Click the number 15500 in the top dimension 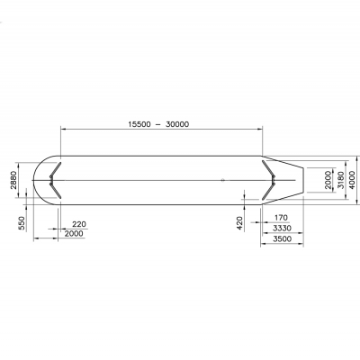click(139, 124)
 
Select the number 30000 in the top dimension click(177, 124)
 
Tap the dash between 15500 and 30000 click(158, 124)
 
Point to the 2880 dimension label click(13, 180)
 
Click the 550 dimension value click(22, 223)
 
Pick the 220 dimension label click(79, 224)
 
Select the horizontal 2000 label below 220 click(74, 233)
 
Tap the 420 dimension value click(239, 223)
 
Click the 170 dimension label click(281, 217)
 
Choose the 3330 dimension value click(282, 229)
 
